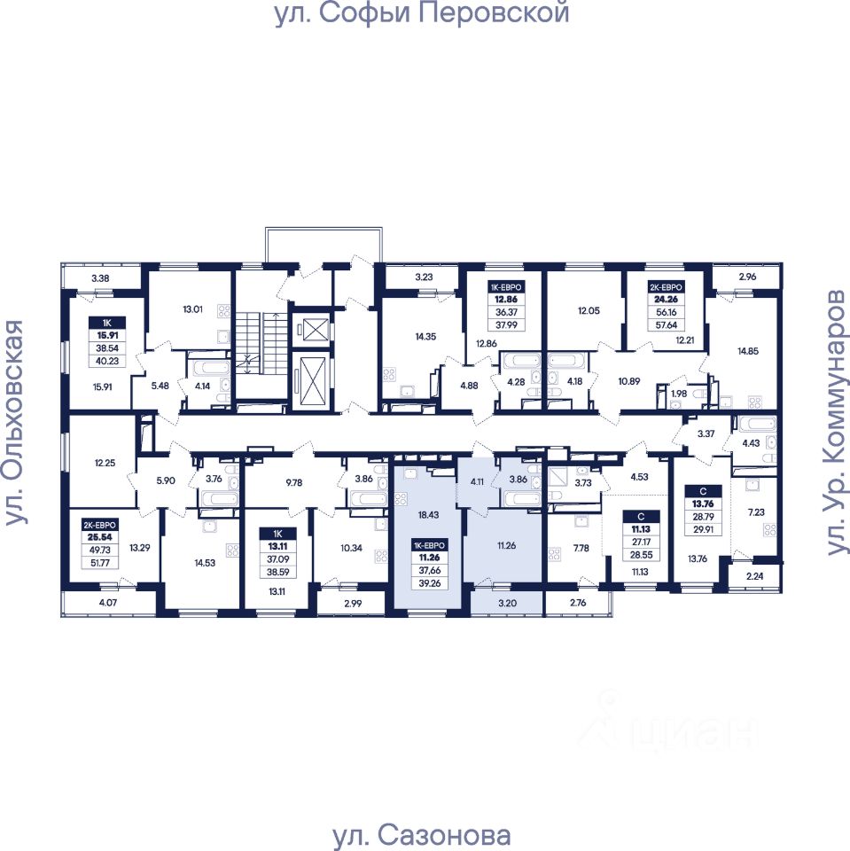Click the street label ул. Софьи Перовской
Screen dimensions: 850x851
[x=421, y=14]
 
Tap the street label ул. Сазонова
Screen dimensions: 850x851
[x=422, y=835]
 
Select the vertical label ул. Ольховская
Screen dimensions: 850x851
[x=14, y=423]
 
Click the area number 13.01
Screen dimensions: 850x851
[x=191, y=310]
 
